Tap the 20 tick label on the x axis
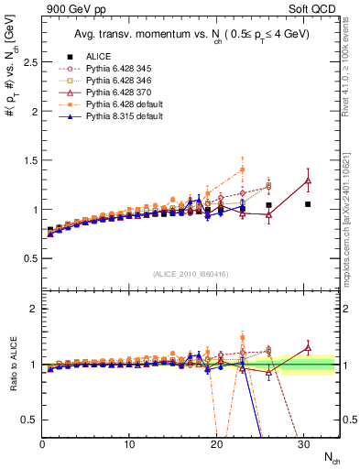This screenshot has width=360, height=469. (216, 444)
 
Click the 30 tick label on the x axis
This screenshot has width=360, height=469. (303, 444)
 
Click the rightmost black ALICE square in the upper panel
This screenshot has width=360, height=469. (308, 204)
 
